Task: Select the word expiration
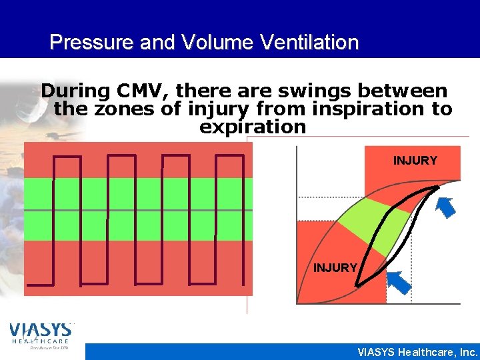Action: pyautogui.click(x=253, y=126)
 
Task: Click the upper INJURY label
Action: pyautogui.click(x=415, y=161)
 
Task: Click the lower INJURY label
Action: pyautogui.click(x=335, y=268)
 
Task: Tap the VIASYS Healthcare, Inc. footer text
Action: pyautogui.click(x=417, y=352)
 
